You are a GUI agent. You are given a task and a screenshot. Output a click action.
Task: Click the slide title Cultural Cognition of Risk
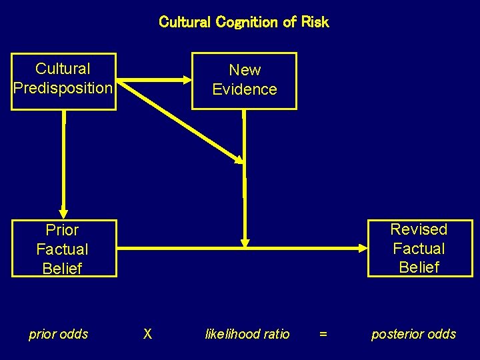click(244, 22)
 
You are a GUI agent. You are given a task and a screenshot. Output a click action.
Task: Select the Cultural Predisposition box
click(63, 81)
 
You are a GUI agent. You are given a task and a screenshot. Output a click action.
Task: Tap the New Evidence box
click(244, 80)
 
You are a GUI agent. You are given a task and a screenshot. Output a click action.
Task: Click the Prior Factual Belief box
click(63, 249)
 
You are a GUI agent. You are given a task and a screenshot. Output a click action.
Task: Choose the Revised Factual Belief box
click(419, 248)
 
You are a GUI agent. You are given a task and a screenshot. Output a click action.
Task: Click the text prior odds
click(59, 334)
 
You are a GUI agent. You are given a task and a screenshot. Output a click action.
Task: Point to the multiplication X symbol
click(148, 334)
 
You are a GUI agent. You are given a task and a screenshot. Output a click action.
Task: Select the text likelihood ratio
click(247, 334)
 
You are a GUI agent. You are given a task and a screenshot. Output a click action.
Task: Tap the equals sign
click(323, 334)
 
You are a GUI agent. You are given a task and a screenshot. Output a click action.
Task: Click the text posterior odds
click(413, 334)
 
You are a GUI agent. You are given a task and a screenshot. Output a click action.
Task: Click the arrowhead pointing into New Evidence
click(185, 80)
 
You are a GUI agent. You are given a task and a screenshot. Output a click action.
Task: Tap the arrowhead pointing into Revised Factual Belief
click(362, 249)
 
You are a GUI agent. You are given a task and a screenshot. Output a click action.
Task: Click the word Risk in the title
click(315, 22)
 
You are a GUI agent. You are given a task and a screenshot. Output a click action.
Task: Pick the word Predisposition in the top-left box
click(63, 88)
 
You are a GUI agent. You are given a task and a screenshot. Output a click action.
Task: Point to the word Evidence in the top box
click(244, 89)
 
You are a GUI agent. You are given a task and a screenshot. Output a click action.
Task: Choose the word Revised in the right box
click(419, 229)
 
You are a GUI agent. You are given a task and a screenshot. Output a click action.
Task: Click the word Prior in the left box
click(63, 230)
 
